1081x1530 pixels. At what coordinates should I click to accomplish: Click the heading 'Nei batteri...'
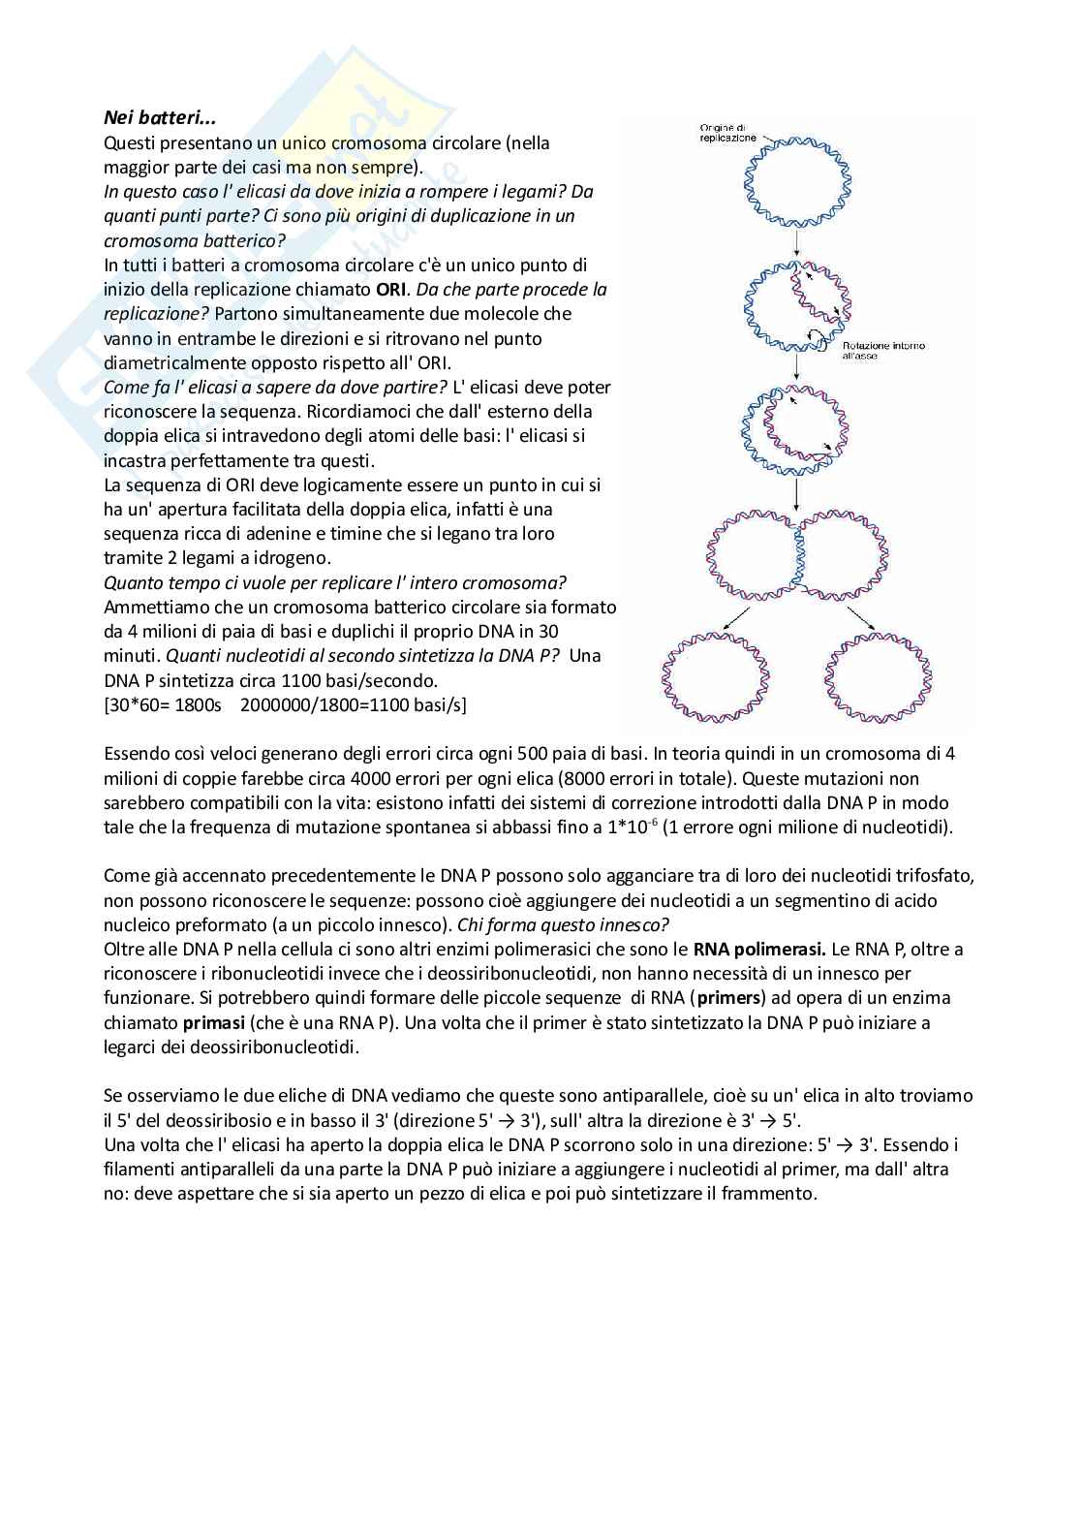(160, 118)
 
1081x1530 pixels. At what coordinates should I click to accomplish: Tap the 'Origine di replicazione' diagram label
(728, 133)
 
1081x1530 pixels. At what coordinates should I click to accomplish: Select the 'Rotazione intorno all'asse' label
(882, 350)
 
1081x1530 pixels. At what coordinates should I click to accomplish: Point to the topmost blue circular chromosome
(797, 182)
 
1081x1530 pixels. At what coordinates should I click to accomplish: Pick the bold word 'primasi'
(213, 1021)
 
